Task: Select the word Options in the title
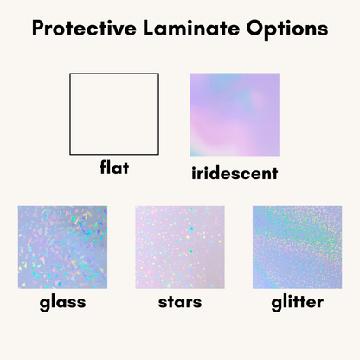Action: pos(282,29)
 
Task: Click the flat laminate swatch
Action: pos(114,113)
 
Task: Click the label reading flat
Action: pos(113,168)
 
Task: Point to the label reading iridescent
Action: pos(234,173)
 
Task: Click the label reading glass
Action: pos(62,304)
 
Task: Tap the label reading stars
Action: pos(180,303)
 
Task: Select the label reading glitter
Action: pos(296,304)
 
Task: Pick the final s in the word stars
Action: pos(197,304)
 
